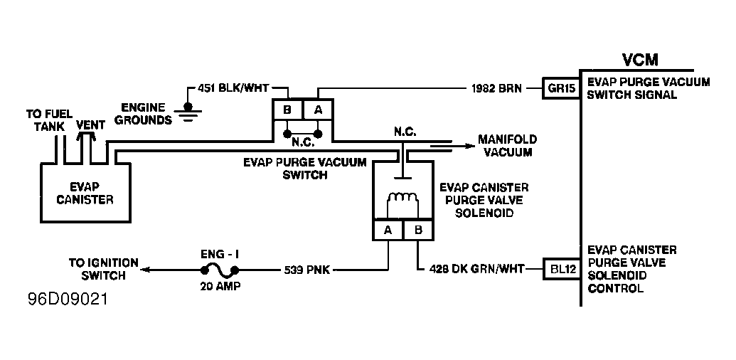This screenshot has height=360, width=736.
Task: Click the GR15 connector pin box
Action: click(561, 88)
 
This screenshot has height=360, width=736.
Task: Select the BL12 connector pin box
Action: click(561, 269)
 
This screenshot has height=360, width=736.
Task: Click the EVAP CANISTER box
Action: click(85, 192)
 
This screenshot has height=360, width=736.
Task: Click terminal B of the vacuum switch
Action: click(287, 110)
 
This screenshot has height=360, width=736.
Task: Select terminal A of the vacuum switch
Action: click(319, 110)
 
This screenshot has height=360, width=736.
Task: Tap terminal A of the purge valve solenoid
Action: click(388, 231)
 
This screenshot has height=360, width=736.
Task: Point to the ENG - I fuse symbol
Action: click(219, 270)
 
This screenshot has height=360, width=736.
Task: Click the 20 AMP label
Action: click(220, 287)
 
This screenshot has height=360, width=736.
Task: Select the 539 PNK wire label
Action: click(307, 270)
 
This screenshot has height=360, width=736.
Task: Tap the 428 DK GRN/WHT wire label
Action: click(477, 270)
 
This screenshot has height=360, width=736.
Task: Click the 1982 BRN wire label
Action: click(496, 88)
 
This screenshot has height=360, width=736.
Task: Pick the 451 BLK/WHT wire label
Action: click(233, 88)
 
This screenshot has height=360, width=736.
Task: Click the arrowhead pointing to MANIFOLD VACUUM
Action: click(470, 146)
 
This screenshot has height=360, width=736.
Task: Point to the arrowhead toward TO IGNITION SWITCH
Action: click(146, 270)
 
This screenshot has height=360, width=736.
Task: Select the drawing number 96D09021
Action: click(68, 299)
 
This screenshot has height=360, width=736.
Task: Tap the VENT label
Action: click(90, 125)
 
